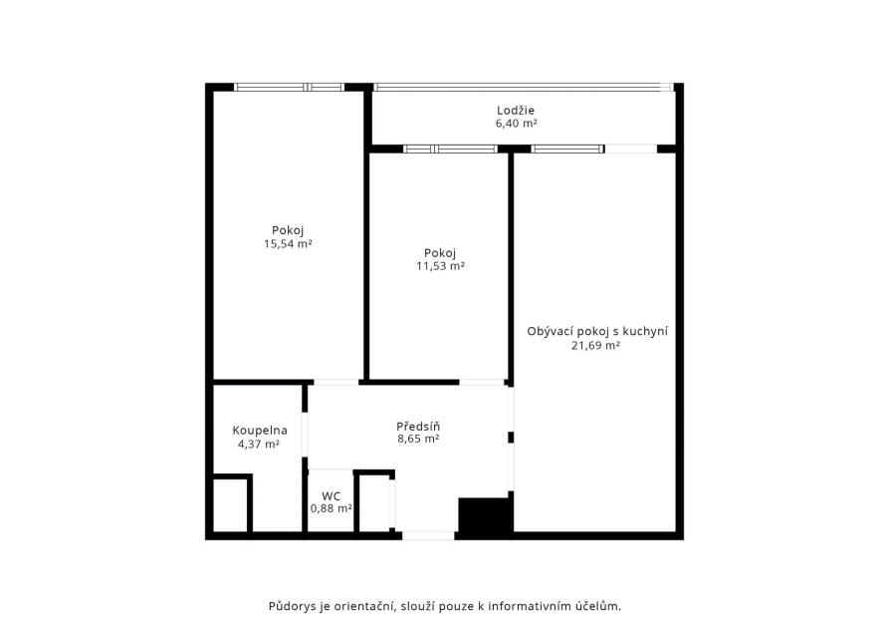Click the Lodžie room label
pos(516,111)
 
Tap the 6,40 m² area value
pos(516,124)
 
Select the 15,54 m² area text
pos(288,244)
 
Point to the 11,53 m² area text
pos(440,266)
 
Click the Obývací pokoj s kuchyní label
pos(597,331)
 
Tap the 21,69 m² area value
pos(595,345)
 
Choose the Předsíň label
pos(418,426)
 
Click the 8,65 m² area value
pos(418,439)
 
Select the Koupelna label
pos(260,431)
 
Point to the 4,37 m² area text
pos(259,444)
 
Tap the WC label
pos(331,496)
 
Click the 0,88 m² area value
pos(331,508)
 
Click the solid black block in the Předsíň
pos(485,515)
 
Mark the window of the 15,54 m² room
pos(289,87)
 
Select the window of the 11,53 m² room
pos(450,149)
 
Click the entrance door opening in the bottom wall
pos(428,535)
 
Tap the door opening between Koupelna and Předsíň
pos(305,435)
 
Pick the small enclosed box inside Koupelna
pos(232,504)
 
